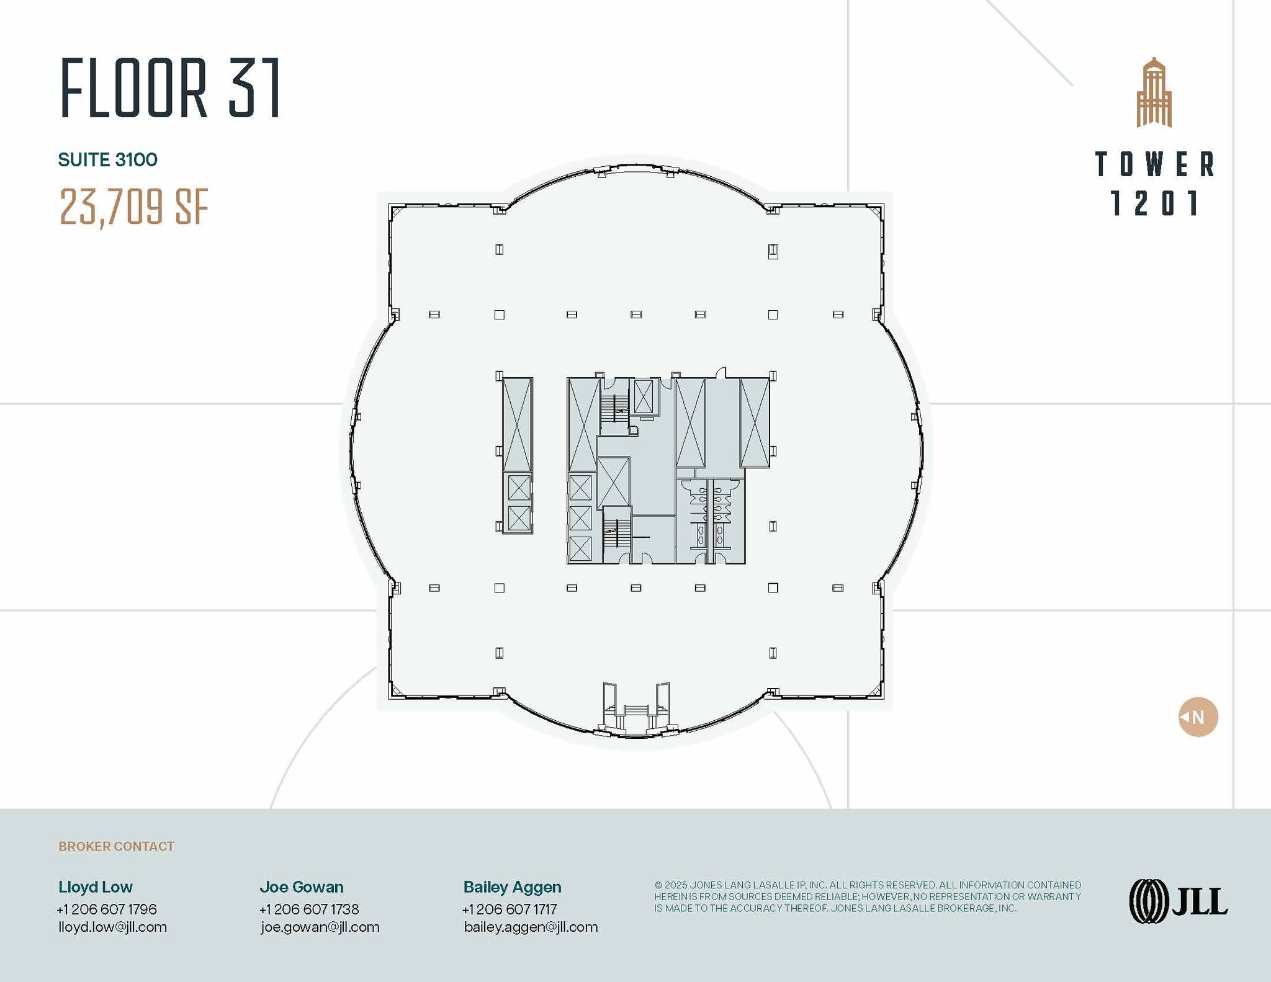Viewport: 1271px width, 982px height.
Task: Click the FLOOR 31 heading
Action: pos(171,87)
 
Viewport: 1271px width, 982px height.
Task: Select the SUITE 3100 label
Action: pos(107,160)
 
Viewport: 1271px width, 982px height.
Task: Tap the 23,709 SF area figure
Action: pos(133,207)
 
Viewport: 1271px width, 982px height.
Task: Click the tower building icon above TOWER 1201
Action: pos(1154,93)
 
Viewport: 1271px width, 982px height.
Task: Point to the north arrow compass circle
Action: pos(1198,717)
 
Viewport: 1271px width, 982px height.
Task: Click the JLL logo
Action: pos(1178,901)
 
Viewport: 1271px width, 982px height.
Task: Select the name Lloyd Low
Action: pos(96,887)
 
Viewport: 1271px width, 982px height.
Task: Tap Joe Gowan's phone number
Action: pos(309,909)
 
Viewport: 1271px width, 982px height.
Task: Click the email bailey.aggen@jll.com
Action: pos(531,927)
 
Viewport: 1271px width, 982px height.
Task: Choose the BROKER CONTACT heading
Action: pos(116,846)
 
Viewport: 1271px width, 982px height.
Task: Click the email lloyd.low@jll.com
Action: pos(112,927)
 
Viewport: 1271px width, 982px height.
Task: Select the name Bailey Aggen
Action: pos(512,887)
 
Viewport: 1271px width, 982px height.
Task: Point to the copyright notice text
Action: pos(867,896)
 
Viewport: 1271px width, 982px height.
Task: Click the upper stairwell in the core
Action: pos(614,407)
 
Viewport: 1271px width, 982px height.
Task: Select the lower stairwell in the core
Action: pos(617,534)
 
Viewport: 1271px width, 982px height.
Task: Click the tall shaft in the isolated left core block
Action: pos(517,425)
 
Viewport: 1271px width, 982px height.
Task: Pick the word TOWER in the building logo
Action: pos(1154,164)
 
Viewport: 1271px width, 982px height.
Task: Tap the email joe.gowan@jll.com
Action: pos(320,927)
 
